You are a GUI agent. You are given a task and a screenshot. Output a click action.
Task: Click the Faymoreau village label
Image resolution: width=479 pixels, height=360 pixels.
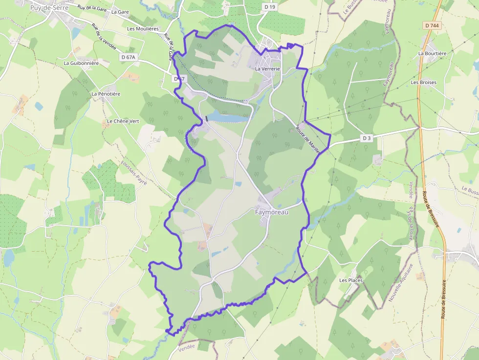coord(272,212)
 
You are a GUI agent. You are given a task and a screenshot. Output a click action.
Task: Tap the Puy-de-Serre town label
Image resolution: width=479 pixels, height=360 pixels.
coord(48,8)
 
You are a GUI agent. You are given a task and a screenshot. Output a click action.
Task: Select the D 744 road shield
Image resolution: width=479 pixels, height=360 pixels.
coord(432,25)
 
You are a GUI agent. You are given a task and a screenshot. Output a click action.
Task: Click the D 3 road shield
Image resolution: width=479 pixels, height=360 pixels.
coord(367,138)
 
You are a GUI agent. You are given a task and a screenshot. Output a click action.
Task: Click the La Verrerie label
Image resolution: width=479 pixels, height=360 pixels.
coord(267,69)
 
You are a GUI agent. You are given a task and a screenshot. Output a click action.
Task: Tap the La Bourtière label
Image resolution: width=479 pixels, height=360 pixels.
coord(432,53)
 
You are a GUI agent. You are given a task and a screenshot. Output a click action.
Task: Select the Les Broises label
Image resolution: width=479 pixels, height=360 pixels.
coord(423,83)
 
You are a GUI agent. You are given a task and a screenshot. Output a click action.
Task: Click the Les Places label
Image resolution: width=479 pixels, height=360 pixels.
coord(350,280)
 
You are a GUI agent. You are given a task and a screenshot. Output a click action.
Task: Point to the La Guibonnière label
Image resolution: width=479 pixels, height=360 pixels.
coord(81,63)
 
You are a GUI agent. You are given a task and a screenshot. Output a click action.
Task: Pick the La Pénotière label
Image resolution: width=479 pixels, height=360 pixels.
coord(106,93)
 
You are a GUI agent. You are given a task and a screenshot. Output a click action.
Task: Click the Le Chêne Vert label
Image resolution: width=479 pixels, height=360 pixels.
coord(123,121)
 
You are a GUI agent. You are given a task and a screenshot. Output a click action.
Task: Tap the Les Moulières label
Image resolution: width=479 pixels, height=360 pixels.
coord(143,29)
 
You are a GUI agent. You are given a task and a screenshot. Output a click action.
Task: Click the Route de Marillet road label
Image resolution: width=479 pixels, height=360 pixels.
coord(308,141)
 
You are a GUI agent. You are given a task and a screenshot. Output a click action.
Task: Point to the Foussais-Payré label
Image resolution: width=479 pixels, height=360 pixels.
coord(134,173)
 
